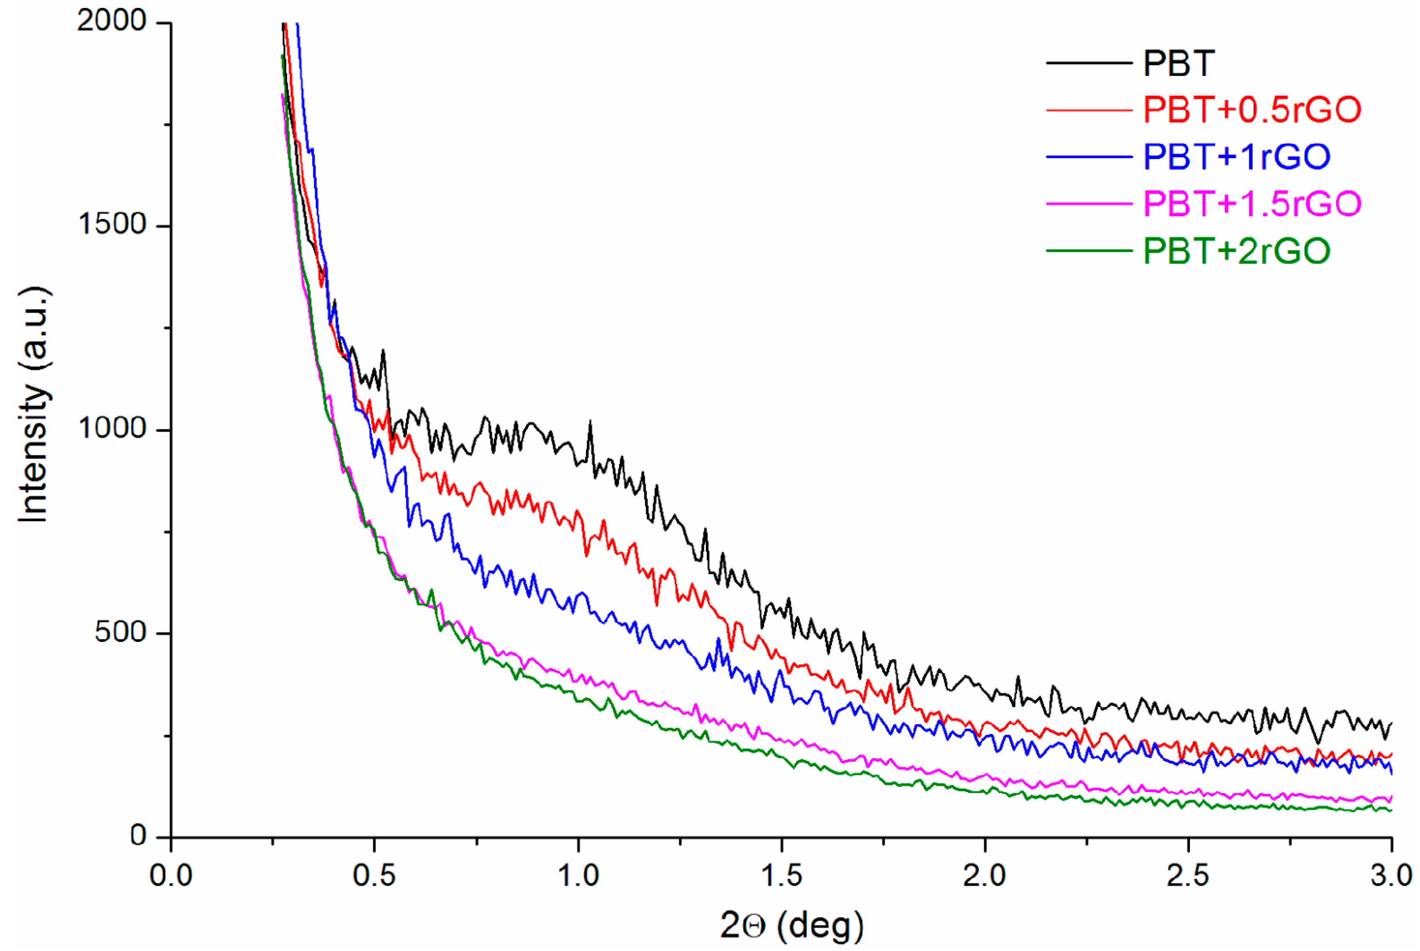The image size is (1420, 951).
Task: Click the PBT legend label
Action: [1178, 63]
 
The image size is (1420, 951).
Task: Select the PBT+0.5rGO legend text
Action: [1252, 110]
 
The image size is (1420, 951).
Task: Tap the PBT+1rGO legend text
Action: [1236, 157]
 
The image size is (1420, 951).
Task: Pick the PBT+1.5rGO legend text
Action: [1252, 203]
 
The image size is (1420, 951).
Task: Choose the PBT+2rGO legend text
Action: [1236, 250]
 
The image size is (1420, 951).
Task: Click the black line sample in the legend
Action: [1089, 63]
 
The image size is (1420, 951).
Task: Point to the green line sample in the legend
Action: [1089, 250]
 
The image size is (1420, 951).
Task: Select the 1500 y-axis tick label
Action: [113, 225]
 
